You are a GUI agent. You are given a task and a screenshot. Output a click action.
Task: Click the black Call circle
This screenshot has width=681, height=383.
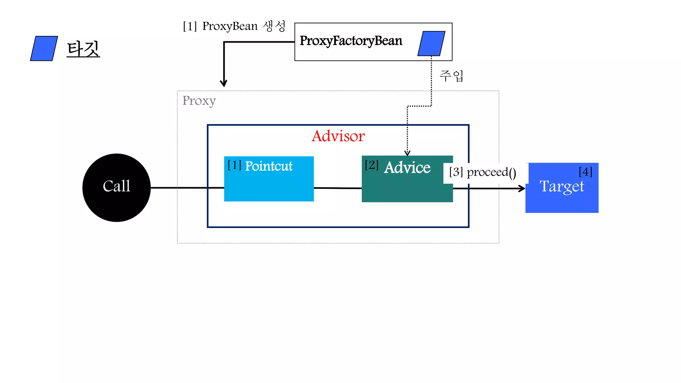[x=116, y=188]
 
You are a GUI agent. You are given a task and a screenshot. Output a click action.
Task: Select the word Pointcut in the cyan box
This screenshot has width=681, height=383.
[x=269, y=166]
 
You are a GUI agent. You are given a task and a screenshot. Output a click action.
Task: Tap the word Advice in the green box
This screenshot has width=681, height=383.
[x=407, y=167]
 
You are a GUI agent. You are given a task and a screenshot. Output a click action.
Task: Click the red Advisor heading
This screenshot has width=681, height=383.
[x=338, y=136]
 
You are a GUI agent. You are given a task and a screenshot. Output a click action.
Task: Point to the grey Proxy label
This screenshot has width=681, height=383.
[x=199, y=100]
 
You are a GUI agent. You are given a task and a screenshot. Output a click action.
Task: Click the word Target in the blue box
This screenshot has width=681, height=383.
[x=562, y=187]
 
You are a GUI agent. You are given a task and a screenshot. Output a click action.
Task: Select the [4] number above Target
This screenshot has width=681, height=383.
[x=585, y=172]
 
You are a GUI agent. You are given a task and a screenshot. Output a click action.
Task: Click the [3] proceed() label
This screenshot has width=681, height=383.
[x=482, y=172]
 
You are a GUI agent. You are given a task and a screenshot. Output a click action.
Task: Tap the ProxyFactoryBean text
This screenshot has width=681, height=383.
[x=351, y=41]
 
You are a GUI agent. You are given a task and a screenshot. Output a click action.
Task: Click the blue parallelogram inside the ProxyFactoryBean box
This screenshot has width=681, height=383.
[x=431, y=44]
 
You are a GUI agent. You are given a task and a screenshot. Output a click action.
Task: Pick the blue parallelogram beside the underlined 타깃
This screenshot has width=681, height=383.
[x=44, y=49]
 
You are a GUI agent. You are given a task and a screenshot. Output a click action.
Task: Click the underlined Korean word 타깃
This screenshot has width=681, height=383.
[x=83, y=49]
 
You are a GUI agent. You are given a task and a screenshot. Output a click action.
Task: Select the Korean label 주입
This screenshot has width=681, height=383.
[x=451, y=76]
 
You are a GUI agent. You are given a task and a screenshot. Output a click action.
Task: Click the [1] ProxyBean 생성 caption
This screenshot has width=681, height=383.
[x=234, y=26]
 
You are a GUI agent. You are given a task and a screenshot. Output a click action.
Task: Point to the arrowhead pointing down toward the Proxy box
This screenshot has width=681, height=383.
[x=224, y=83]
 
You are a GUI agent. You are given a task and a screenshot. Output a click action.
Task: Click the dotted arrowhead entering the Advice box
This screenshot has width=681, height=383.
[x=407, y=153]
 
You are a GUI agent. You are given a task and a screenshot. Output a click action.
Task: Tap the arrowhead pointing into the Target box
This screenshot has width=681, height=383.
[x=522, y=189]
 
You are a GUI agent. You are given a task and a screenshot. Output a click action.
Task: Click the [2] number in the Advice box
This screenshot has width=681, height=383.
[x=371, y=165]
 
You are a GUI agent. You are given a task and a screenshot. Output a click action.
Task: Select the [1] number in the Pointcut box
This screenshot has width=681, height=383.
[x=234, y=165]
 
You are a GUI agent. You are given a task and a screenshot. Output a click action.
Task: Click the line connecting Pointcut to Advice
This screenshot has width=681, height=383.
[x=338, y=188]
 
